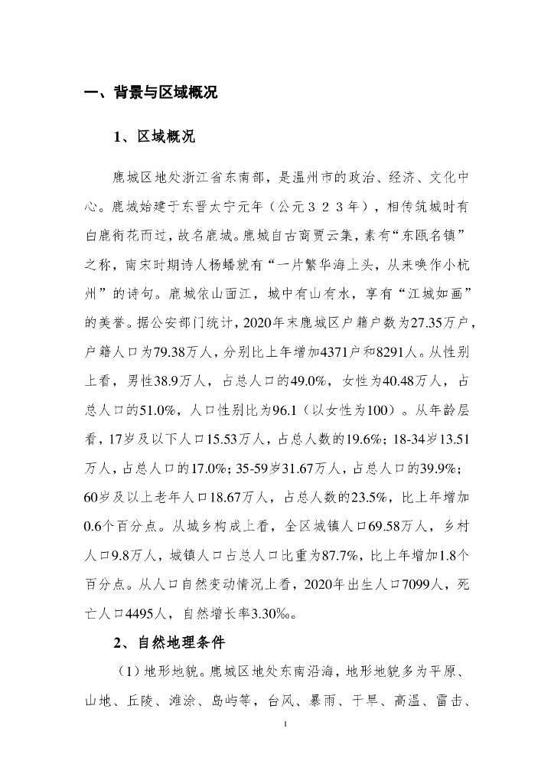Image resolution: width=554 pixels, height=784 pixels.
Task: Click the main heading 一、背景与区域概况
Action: point(151,93)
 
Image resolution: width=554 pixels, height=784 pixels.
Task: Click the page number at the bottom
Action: point(285,723)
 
